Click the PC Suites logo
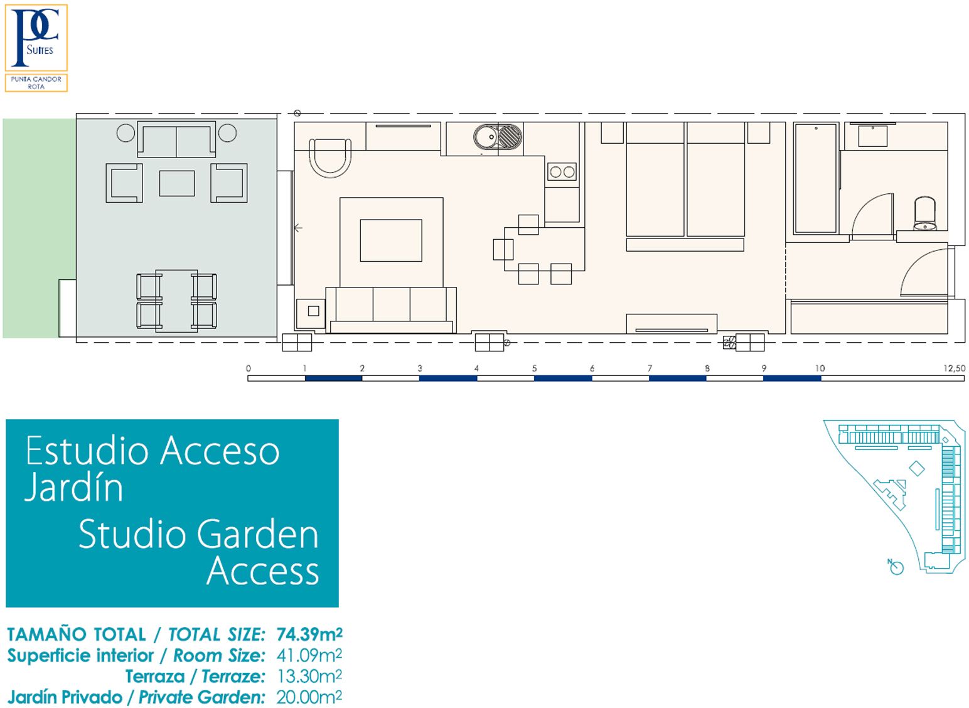pos(36,38)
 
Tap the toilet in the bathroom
pos(925,213)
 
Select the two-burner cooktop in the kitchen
pos(562,172)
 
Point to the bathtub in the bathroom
pos(815,178)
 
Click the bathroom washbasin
pos(873,136)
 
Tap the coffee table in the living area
pos(390,240)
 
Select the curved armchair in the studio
pos(330,158)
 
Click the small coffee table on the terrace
pos(177,183)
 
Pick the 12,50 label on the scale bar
pos(955,368)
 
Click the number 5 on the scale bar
pos(535,368)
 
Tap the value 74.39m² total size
pos(310,635)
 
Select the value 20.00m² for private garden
pos(309,697)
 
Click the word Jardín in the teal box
pos(74,488)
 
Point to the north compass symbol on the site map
pos(896,567)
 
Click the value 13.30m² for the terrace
pos(309,677)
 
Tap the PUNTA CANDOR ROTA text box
pos(36,83)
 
